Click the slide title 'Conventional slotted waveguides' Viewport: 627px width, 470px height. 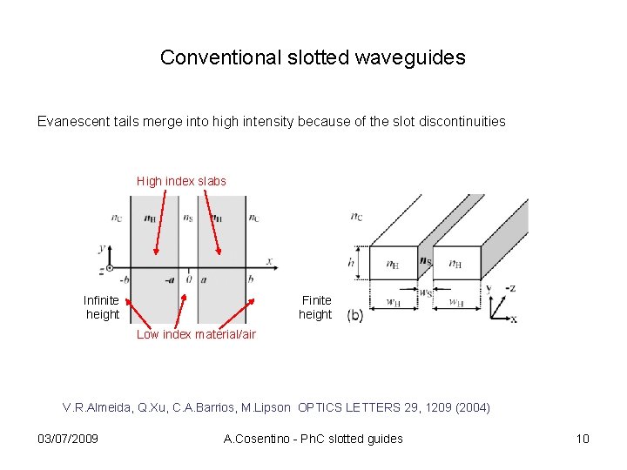313,58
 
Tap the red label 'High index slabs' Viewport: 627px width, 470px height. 181,181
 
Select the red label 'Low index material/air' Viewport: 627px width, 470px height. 196,334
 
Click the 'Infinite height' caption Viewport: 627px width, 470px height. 102,307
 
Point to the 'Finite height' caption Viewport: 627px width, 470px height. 316,307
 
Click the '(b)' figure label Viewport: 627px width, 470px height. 356,315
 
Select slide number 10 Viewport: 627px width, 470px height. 583,438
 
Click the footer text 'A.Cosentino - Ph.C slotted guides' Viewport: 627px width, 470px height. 313,438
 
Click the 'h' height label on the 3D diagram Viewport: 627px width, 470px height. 351,262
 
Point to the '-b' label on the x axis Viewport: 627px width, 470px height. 125,279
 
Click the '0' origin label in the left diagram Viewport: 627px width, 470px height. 188,279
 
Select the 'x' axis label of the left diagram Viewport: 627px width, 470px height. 269,260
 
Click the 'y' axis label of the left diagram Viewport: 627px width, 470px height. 103,249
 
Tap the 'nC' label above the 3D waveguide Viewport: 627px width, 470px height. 358,216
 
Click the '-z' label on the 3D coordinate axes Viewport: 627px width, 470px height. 511,288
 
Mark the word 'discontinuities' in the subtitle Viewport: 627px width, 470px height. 462,121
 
